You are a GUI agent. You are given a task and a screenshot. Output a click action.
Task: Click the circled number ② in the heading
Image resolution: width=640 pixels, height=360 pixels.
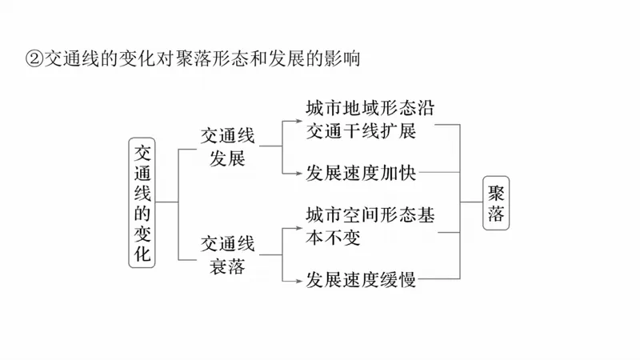pos(34,58)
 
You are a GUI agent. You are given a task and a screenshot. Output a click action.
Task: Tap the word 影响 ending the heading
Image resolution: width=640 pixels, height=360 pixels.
pos(344,58)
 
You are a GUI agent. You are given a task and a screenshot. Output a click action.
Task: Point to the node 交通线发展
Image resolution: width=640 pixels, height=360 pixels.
pos(227,146)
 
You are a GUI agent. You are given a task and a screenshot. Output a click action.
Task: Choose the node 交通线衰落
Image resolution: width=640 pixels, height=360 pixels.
pos(227,254)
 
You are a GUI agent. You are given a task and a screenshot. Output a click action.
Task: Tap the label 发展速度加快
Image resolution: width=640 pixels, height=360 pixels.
pos(361,172)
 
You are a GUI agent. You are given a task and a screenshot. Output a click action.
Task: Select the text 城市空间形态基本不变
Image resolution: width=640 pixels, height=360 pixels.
pos(370,227)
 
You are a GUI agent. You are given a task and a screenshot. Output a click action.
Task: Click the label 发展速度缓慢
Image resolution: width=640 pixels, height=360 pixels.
pos(361,280)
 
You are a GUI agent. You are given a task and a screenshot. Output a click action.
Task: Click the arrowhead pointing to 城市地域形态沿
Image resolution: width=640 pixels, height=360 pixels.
pos(298,121)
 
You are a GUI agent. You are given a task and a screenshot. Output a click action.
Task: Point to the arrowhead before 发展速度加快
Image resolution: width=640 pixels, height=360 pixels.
pos(298,172)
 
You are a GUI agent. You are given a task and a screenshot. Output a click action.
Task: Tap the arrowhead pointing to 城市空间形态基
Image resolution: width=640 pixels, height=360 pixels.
pos(298,228)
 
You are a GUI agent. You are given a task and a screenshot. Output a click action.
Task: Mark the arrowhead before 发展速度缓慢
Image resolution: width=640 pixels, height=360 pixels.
pos(298,280)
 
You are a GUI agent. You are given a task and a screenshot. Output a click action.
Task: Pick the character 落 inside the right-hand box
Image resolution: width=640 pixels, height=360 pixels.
pos(497,215)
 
